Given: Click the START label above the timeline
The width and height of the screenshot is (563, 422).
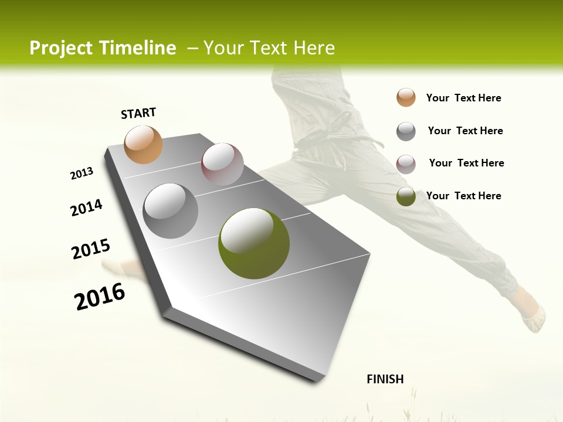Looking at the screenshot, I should coord(138,113).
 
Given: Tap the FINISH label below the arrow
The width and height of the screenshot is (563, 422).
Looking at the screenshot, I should coord(385,379).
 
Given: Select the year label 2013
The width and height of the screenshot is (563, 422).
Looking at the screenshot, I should coord(82,173).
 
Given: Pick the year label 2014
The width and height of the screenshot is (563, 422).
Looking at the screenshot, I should coord(86,207).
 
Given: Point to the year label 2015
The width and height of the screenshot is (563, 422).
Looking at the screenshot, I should coord(90,249).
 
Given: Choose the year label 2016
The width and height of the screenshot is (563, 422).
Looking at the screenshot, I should coord(100,296).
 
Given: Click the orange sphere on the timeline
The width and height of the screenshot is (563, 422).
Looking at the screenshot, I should coord(143,144).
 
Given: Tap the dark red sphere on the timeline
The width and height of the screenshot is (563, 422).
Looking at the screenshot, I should coord(222,164).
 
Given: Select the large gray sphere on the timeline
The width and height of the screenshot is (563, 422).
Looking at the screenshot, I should coord(171,211).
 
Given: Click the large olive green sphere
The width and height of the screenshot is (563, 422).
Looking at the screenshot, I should coord(254,243).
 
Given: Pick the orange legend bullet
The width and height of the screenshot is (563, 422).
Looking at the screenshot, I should coord(406,97).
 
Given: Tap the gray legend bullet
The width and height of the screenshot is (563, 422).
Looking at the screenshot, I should coord(406,131).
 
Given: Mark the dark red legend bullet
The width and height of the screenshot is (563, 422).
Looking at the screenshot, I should coord(406,164).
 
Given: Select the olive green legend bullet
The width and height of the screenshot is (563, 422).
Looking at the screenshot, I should coord(406,196).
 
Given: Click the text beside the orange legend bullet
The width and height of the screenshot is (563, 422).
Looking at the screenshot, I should coord(463,98).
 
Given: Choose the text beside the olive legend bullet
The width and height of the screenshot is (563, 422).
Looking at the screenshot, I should coord(463,196).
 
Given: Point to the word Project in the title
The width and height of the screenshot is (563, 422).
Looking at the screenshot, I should coord(61,48).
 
